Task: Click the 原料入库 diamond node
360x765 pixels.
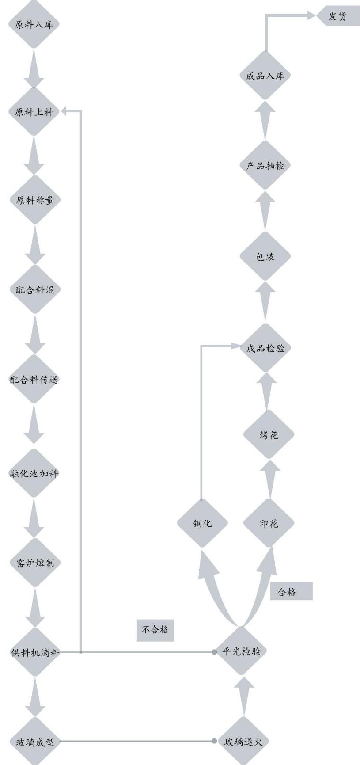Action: click(34, 24)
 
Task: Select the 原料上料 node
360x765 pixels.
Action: click(34, 112)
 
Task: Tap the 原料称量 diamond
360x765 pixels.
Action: click(34, 200)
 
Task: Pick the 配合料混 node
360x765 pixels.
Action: click(34, 289)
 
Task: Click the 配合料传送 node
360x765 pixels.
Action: click(34, 379)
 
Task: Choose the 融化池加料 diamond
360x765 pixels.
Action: click(34, 474)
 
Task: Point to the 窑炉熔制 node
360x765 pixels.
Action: click(34, 563)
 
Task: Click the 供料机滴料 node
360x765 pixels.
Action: click(34, 652)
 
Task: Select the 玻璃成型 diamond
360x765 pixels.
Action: click(34, 742)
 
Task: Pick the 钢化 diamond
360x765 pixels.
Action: click(202, 523)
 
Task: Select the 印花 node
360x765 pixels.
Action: click(269, 523)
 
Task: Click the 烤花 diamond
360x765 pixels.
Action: click(269, 434)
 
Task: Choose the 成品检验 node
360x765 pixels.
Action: click(265, 348)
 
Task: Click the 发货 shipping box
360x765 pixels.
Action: click(338, 17)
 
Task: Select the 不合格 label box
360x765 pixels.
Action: click(155, 629)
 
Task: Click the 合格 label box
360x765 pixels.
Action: click(291, 592)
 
